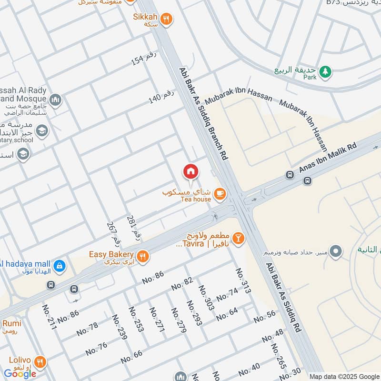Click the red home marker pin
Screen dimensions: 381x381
click(190, 171)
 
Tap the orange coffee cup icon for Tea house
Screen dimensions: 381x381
click(220, 193)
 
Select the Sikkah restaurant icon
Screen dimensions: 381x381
click(166, 19)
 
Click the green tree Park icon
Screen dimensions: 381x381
click(325, 71)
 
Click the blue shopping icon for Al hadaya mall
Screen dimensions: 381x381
click(59, 265)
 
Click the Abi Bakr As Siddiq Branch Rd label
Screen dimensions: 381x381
click(203, 113)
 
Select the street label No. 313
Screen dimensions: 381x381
click(242, 280)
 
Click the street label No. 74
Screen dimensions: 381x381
click(227, 294)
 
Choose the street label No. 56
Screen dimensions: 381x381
click(264, 316)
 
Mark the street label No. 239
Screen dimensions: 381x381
click(119, 327)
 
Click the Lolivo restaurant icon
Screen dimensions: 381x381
click(40, 361)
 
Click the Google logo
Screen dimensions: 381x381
click(20, 374)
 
